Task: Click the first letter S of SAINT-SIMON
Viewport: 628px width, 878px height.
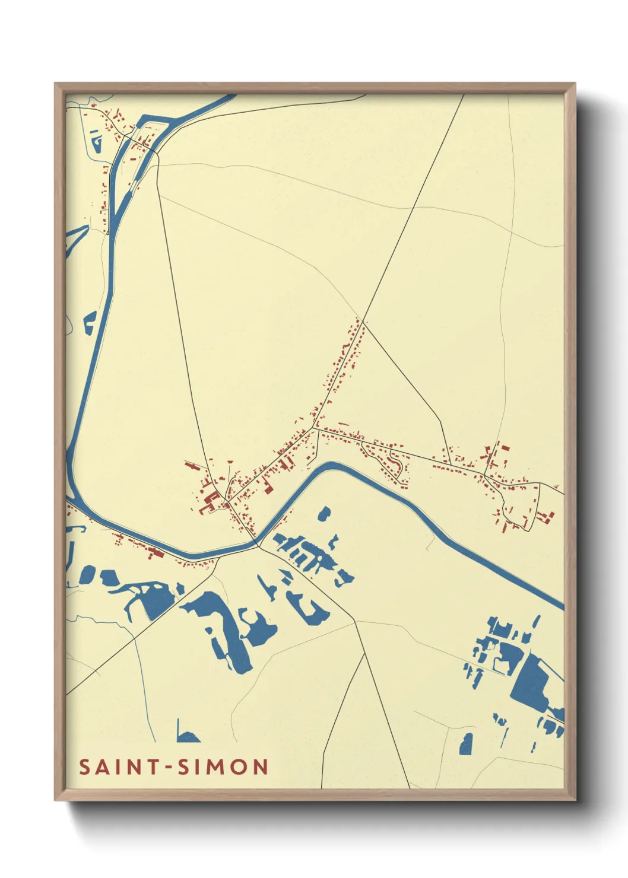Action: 84,767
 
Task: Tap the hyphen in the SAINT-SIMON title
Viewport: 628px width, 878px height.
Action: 169,768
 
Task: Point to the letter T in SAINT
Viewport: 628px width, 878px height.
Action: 153,767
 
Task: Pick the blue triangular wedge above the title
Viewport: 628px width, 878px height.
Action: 186,736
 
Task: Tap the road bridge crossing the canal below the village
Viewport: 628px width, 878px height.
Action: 258,543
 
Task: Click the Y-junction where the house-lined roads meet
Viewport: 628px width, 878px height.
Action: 313,427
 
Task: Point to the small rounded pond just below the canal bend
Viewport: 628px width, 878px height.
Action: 323,513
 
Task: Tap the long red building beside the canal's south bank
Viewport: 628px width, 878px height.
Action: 156,553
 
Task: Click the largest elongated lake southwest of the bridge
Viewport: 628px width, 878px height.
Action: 223,629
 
